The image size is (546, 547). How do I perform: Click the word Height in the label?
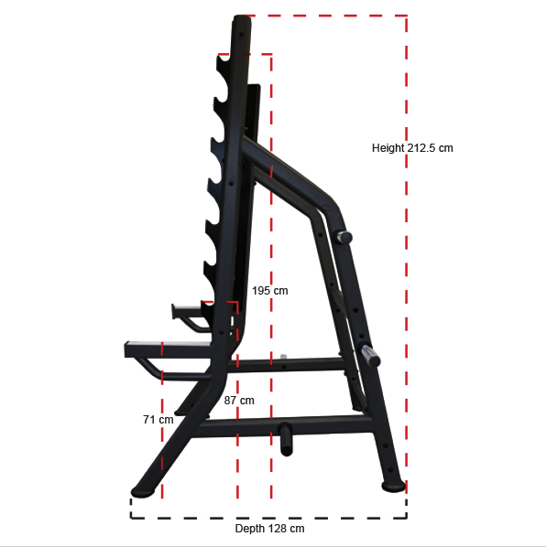[x=388, y=147]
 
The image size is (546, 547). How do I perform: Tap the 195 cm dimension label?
[x=270, y=290]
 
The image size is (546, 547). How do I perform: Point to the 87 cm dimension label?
[x=239, y=400]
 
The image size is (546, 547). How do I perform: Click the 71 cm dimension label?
[x=158, y=419]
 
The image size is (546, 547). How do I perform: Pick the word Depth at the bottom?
[x=250, y=529]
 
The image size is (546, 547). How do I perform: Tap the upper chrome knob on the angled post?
[x=344, y=238]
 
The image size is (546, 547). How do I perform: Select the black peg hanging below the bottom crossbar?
[x=284, y=437]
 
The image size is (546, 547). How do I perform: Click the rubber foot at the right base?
[x=392, y=486]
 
